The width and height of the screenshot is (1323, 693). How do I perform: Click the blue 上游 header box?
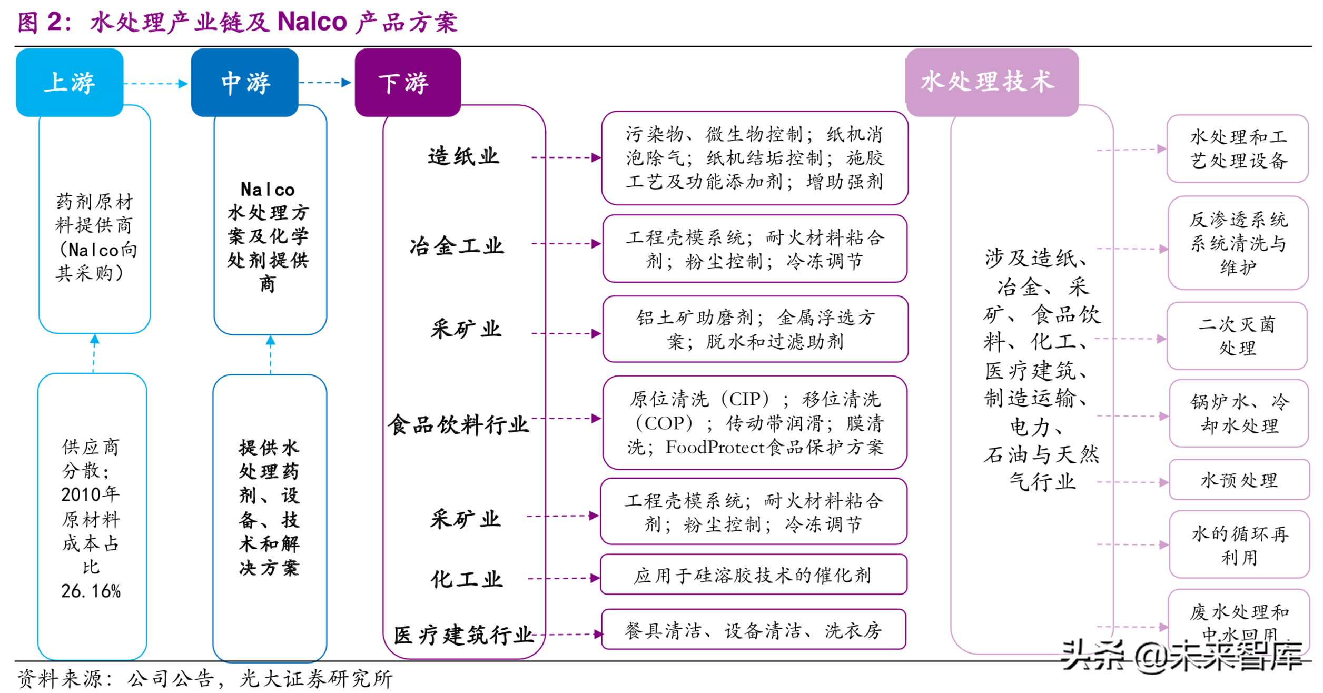70,82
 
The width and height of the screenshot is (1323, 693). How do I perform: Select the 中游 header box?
245,82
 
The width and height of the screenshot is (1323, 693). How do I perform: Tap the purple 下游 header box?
408,82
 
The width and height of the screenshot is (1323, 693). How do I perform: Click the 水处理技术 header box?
992,82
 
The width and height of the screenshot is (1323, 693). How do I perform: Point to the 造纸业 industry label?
463,156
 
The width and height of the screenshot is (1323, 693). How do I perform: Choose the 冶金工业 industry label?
457,246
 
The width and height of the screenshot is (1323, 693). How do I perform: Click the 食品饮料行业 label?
458,424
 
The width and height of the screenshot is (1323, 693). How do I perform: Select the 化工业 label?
467,579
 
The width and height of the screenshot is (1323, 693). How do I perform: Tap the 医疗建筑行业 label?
463,635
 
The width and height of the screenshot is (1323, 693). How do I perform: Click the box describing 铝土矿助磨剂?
755,329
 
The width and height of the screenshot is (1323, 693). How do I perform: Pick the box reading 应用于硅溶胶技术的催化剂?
753,575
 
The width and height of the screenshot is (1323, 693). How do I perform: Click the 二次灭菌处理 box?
1237,336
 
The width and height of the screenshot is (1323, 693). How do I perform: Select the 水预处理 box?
1239,480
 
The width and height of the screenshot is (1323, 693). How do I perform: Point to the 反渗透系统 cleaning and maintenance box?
1238,243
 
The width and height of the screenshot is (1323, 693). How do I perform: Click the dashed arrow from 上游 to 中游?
156,84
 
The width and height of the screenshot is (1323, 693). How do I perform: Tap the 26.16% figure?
91,591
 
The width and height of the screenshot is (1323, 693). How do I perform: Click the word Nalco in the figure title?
312,22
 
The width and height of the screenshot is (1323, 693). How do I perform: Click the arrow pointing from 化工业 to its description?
564,579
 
